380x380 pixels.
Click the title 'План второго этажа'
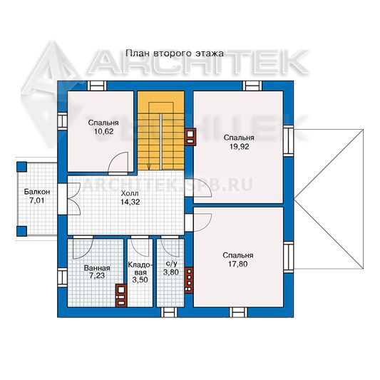point(175,53)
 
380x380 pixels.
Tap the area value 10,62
point(103,132)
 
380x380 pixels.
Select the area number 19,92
point(240,147)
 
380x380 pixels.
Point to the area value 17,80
point(237,264)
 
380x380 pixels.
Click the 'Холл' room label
point(130,193)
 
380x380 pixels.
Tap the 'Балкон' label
point(37,192)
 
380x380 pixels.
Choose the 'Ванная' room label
point(97,268)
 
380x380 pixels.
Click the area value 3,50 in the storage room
point(140,279)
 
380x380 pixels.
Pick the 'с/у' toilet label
point(171,264)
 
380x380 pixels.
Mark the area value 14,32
point(130,202)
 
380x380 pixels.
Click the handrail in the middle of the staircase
point(160,142)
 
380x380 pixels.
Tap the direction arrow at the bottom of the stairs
point(149,167)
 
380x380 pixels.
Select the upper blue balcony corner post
point(21,167)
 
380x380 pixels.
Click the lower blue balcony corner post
point(21,231)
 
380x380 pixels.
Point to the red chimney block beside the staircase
point(190,137)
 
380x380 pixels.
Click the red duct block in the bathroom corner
point(121,295)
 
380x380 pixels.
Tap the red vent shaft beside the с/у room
point(189,280)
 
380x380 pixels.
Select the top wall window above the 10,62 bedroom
point(97,86)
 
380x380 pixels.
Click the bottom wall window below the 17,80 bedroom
point(239,312)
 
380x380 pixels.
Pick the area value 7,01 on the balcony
point(37,200)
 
